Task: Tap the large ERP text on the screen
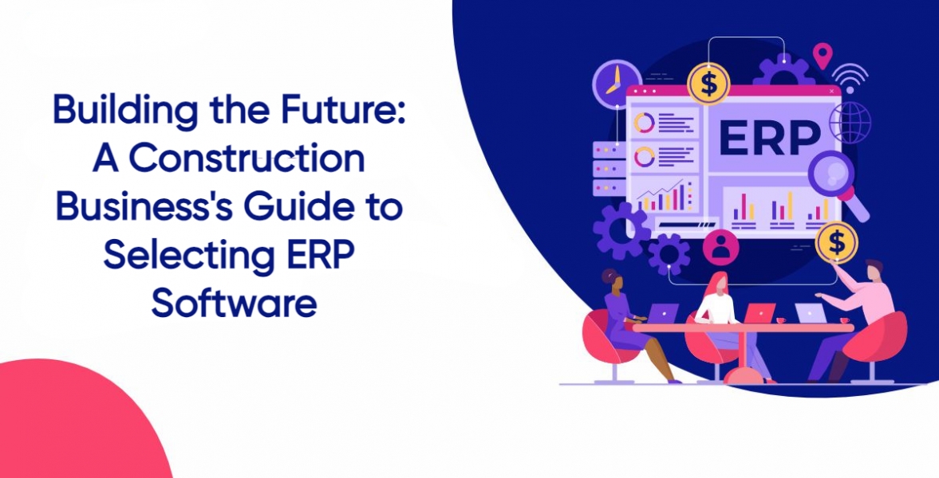point(770,138)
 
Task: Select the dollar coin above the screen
point(708,83)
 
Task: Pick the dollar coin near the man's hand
point(837,243)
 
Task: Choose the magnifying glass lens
point(831,174)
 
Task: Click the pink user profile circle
point(720,246)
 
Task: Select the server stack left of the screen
point(609,169)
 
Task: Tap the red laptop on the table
point(759,313)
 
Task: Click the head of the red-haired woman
point(718,284)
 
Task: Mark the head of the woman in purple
point(612,280)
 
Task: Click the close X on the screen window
point(831,91)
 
